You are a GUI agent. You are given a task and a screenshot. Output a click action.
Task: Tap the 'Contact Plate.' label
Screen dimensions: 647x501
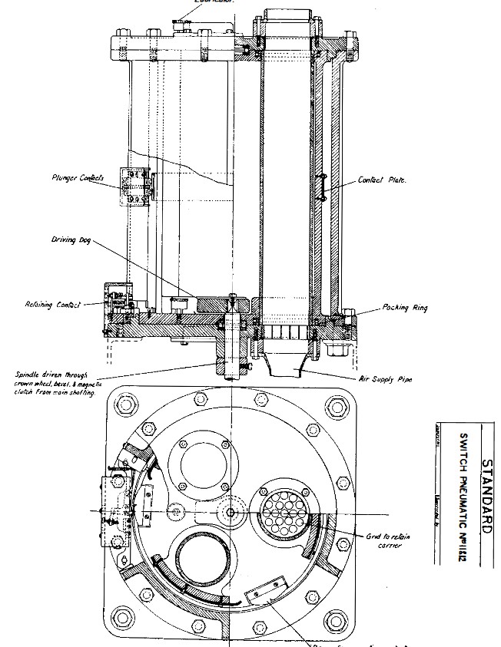382,180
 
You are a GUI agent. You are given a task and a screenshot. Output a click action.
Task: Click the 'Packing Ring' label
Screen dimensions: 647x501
405,308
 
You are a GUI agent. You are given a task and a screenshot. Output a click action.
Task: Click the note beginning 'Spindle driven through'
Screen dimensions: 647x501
52,383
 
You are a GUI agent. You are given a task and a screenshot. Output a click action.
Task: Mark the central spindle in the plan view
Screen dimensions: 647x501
231,512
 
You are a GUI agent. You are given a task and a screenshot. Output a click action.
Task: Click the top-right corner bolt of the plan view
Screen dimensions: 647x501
336,406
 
